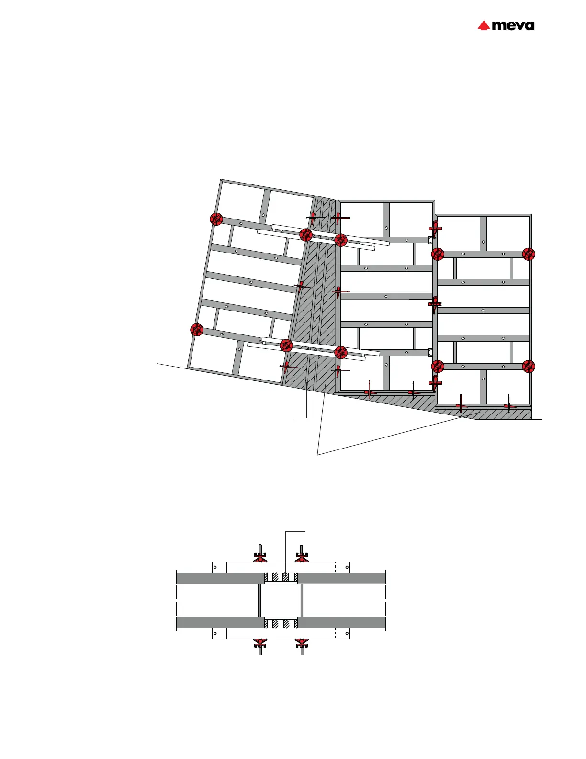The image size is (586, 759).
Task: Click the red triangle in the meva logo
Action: pyautogui.click(x=484, y=25)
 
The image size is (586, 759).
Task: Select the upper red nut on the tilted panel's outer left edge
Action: pyautogui.click(x=216, y=219)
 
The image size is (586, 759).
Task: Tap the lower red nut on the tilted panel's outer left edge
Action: pyautogui.click(x=197, y=330)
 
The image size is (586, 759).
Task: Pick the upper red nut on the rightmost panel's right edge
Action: pyautogui.click(x=529, y=254)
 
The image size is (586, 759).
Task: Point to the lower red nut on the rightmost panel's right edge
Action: pyautogui.click(x=529, y=367)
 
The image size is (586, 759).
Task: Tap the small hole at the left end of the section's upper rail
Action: pyautogui.click(x=215, y=567)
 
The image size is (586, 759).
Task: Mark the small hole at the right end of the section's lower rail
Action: pyautogui.click(x=346, y=633)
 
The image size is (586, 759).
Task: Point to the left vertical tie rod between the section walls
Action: pyautogui.click(x=259, y=600)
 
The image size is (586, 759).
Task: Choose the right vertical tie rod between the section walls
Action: pyautogui.click(x=301, y=600)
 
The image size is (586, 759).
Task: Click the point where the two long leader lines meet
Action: pyautogui.click(x=317, y=454)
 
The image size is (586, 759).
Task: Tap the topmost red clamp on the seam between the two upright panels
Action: pyautogui.click(x=435, y=228)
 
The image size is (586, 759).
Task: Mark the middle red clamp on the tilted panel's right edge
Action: pyautogui.click(x=301, y=287)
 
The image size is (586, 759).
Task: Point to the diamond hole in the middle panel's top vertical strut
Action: pyautogui.click(x=386, y=228)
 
